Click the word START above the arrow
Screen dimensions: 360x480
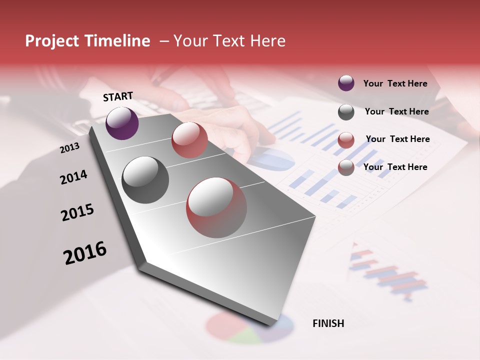pyautogui.click(x=118, y=96)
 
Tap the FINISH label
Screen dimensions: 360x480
pyautogui.click(x=328, y=323)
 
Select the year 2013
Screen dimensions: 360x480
pyautogui.click(x=69, y=148)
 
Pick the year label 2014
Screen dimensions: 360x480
pyautogui.click(x=73, y=177)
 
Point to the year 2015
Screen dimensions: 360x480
pyautogui.click(x=77, y=212)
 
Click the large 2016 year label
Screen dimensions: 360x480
pyautogui.click(x=85, y=253)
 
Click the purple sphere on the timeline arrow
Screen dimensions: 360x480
pyautogui.click(x=122, y=123)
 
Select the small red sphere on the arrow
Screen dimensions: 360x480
pyautogui.click(x=189, y=140)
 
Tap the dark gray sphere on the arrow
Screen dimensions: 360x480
pyautogui.click(x=145, y=180)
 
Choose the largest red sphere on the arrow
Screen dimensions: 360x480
pyautogui.click(x=216, y=207)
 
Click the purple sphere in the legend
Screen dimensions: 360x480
pyautogui.click(x=346, y=83)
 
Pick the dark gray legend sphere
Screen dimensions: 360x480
pyautogui.click(x=346, y=112)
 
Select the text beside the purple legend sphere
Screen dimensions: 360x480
pyautogui.click(x=395, y=83)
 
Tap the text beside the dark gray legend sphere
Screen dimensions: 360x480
pyautogui.click(x=396, y=111)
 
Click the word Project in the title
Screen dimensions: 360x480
pyautogui.click(x=52, y=41)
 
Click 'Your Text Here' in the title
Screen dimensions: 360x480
pyautogui.click(x=229, y=41)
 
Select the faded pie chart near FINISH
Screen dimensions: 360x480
pyautogui.click(x=249, y=328)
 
